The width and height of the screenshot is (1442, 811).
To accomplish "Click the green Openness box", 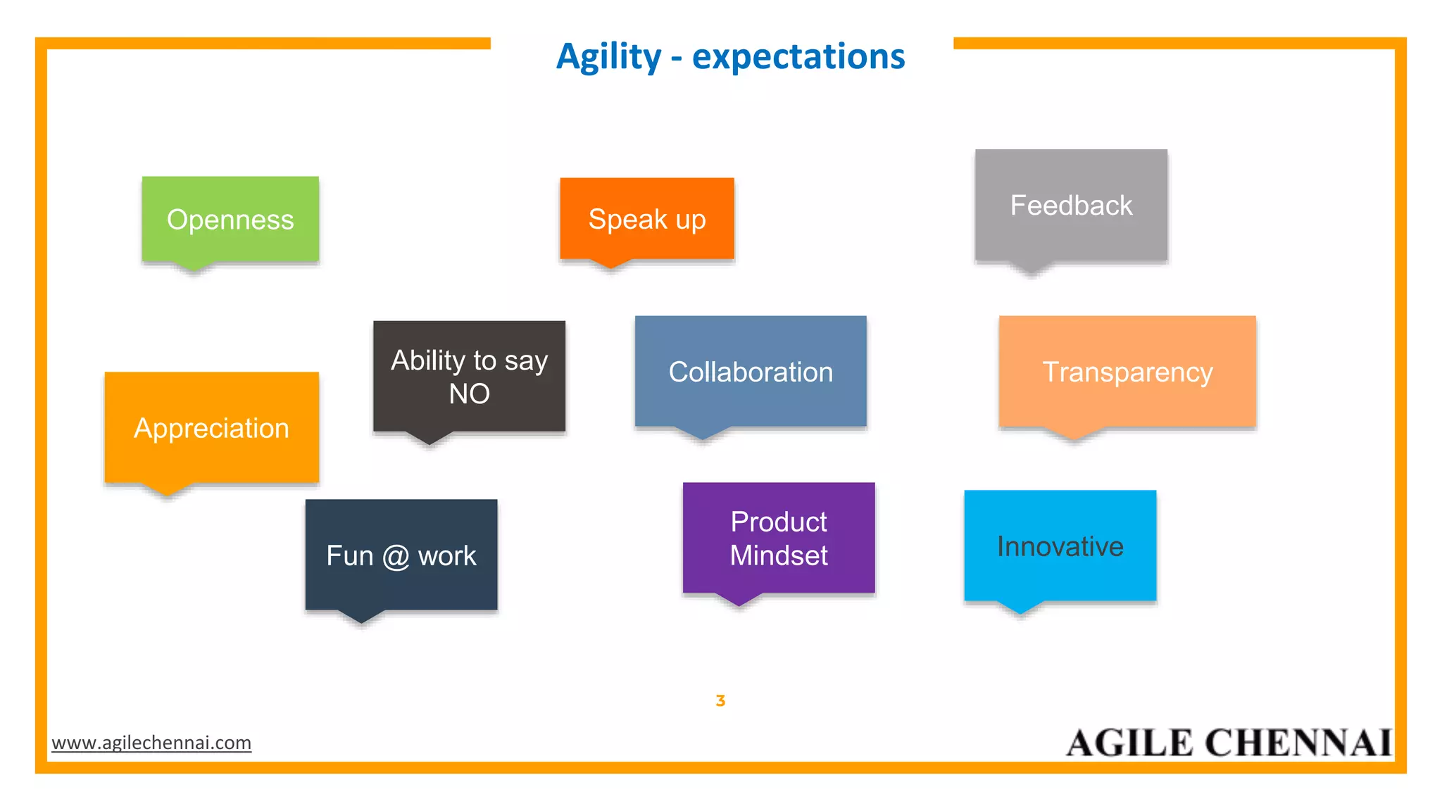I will (230, 220).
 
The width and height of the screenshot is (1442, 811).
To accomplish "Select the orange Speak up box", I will (646, 219).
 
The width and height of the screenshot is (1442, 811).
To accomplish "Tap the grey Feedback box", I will (1071, 206).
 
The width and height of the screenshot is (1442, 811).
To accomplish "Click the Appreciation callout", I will (211, 428).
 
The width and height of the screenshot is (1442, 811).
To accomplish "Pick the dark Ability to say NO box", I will (469, 377).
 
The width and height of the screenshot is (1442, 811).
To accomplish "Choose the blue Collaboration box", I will (751, 372).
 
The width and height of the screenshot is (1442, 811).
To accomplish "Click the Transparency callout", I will (1127, 372).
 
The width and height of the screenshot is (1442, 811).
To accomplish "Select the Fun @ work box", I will (401, 555).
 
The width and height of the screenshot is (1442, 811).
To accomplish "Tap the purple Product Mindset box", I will (779, 538).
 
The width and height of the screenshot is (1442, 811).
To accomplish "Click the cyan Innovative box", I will (1060, 546).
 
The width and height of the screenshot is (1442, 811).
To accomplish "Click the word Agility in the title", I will (608, 57).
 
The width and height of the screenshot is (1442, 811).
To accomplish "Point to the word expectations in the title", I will (798, 57).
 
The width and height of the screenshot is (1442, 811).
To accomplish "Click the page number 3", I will (720, 700).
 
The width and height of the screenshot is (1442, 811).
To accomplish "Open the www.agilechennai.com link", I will (151, 743).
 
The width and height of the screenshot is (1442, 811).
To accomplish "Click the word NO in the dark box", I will (469, 394).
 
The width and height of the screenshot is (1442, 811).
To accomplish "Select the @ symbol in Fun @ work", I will (396, 557).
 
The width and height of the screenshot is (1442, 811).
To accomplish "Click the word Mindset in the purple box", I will (779, 555).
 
